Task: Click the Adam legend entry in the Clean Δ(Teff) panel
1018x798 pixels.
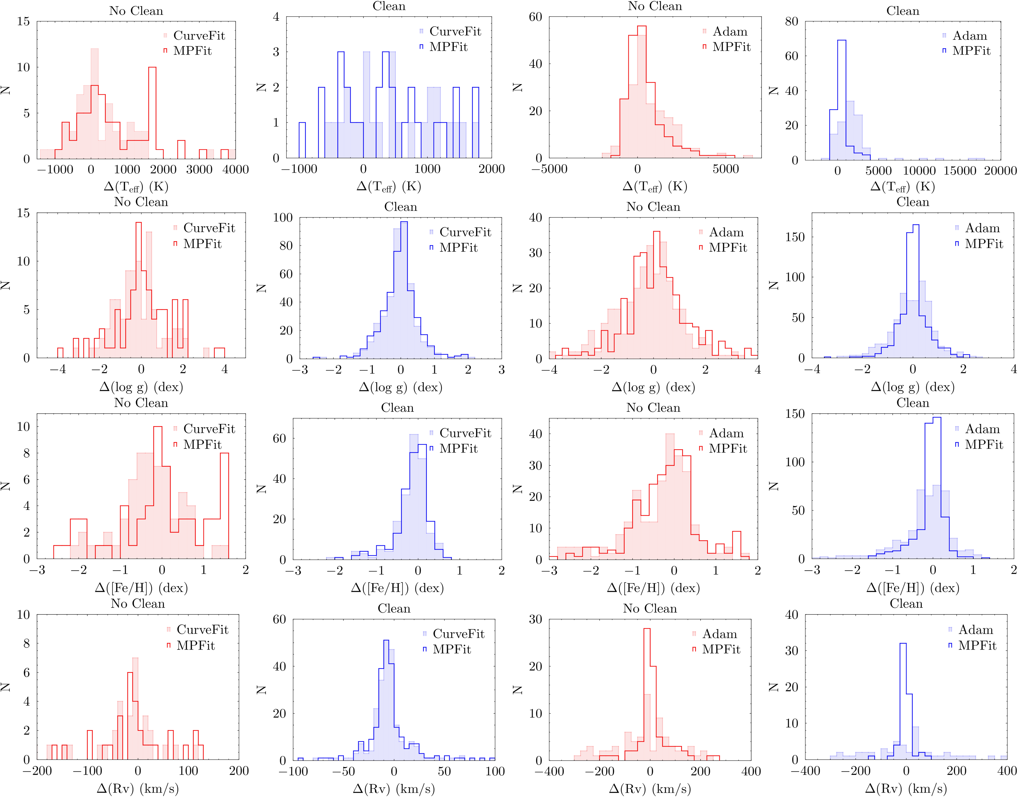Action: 969,36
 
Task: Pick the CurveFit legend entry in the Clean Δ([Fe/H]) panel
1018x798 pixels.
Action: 465,433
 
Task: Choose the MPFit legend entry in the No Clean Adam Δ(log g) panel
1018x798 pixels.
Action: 727,248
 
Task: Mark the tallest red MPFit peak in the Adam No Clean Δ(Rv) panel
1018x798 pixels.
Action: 647,692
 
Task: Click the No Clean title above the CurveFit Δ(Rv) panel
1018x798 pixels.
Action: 138,604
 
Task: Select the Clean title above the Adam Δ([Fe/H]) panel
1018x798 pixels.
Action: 912,403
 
